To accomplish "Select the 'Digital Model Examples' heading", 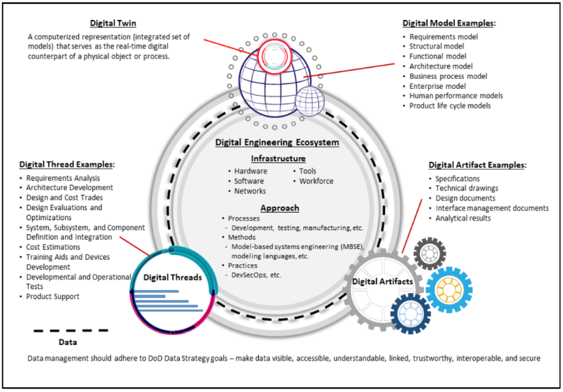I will coord(449,23).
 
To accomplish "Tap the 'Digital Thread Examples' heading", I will coord(67,165).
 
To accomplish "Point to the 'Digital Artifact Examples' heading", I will coord(477,165).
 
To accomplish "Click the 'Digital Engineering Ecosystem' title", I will coord(277,142).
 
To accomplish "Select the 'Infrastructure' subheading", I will coord(278,159).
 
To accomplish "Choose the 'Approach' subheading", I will coord(279,208).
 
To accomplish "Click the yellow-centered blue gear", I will coord(449,289).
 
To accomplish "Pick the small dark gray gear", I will coord(429,254).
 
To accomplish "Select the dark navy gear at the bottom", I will coord(411,314).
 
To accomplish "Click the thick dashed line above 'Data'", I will coord(70,330).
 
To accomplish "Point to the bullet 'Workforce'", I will coord(316,181).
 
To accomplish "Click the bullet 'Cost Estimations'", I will coord(53,247).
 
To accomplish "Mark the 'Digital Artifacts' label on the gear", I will coord(381,282).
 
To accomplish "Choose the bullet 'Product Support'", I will coord(53,296).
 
